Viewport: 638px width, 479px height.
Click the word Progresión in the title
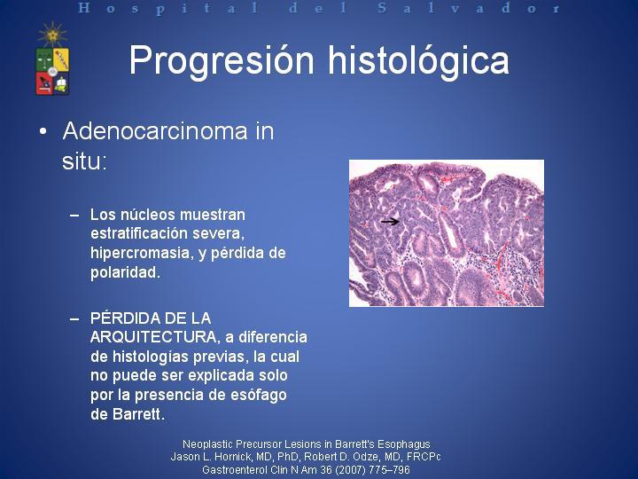222,61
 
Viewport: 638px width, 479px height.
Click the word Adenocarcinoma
155,131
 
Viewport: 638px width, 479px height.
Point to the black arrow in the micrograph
390,221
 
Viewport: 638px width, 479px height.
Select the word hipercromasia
141,254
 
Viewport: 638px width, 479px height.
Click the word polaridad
125,272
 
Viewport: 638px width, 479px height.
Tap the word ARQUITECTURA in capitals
153,337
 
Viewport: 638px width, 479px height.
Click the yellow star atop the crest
52,35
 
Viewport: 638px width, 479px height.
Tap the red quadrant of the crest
44,83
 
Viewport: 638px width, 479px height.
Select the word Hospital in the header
168,8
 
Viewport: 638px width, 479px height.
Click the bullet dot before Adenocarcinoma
43,132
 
